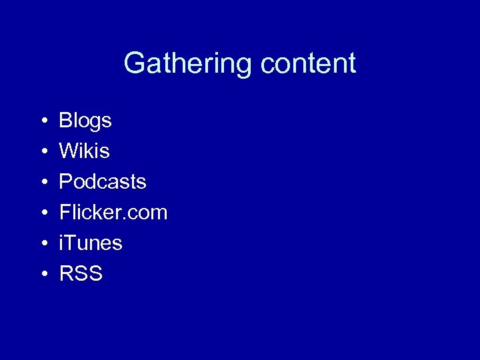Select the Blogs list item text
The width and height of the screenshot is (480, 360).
85,121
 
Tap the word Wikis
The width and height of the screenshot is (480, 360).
84,151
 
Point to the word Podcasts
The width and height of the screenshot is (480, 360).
103,181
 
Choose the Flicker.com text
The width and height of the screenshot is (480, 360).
113,213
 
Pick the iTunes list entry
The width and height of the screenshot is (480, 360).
91,243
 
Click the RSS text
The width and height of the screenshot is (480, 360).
81,273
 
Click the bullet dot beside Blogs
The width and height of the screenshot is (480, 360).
43,122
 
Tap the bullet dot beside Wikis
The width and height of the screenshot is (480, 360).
43,153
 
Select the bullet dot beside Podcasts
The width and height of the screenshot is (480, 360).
43,183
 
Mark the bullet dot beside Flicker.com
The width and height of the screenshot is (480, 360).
43,213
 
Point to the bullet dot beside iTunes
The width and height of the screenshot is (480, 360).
43,244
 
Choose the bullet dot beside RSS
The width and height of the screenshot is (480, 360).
43,274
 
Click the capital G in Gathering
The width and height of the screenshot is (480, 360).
134,64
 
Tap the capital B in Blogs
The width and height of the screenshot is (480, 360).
66,121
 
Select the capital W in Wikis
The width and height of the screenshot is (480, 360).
69,151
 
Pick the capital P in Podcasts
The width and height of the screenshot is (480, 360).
66,181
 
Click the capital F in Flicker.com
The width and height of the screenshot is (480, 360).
65,213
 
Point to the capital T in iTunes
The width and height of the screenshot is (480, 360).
71,243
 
